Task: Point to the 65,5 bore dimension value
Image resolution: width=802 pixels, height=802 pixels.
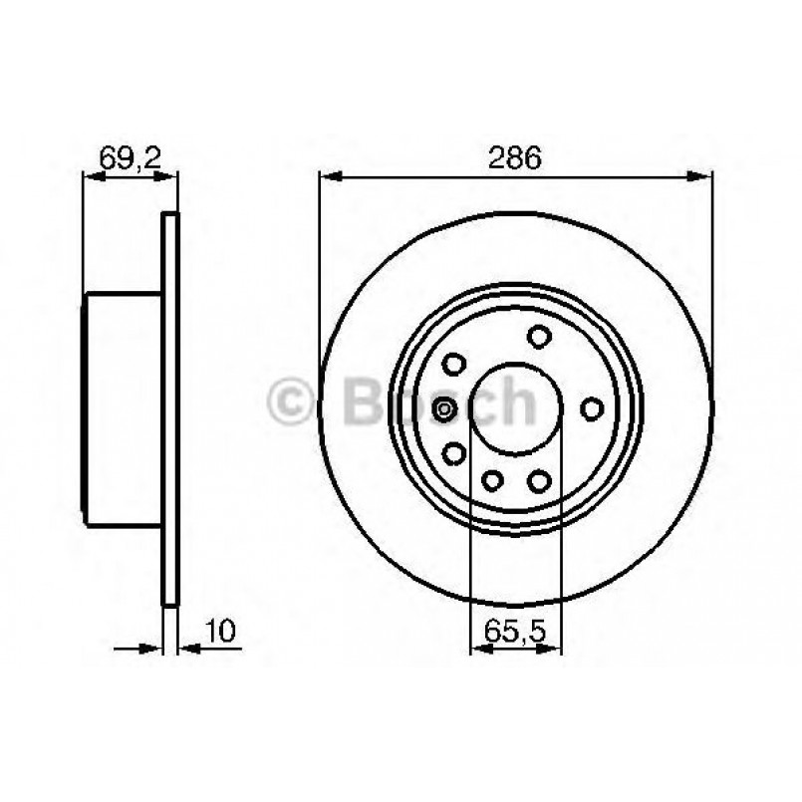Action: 515,630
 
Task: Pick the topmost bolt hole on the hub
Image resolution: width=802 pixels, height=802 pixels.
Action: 539,336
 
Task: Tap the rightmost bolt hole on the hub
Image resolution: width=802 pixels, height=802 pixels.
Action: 592,408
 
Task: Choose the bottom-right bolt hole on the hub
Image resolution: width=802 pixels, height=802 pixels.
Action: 539,481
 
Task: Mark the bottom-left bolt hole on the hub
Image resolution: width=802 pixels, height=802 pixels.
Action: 455,454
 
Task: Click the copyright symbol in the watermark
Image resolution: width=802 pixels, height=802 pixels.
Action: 293,404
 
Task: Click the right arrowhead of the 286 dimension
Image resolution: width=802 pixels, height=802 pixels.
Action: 703,178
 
